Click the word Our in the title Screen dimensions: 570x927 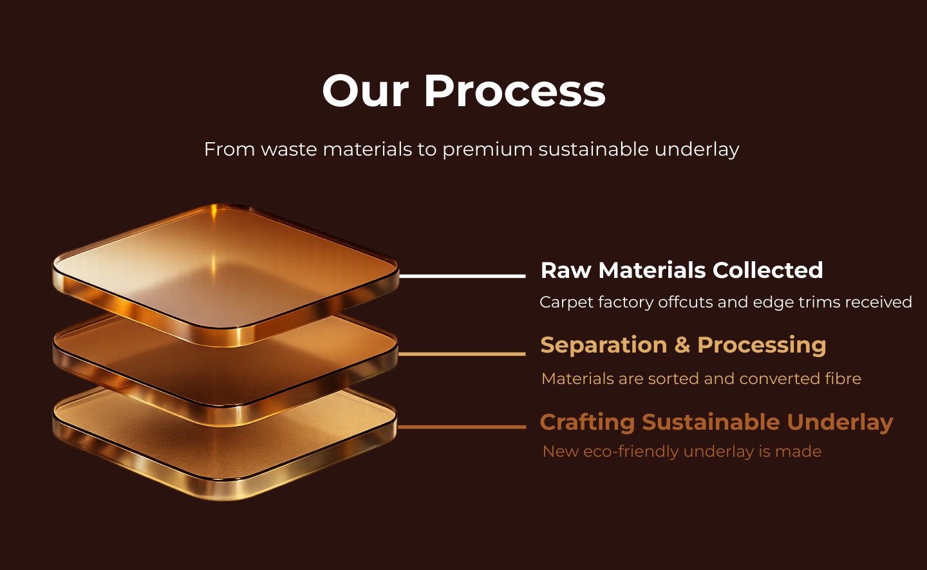(x=365, y=91)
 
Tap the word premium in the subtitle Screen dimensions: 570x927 (x=487, y=149)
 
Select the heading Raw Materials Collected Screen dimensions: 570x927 (x=681, y=270)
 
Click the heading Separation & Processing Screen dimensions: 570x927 (x=682, y=345)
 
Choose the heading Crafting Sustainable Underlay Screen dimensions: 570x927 (x=716, y=422)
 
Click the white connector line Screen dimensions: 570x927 (x=462, y=275)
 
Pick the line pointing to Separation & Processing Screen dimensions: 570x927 (x=462, y=353)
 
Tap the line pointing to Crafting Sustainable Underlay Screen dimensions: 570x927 (x=462, y=426)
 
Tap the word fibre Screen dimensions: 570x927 (x=843, y=378)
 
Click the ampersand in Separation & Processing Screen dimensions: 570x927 (x=682, y=345)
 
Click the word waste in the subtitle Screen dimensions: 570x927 (x=289, y=149)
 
